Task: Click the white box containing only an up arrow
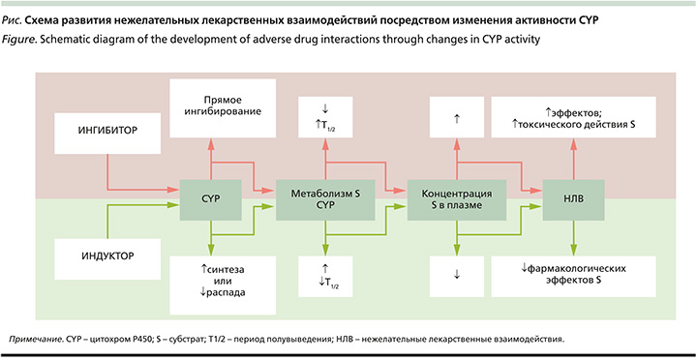455,117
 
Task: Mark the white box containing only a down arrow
455,274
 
